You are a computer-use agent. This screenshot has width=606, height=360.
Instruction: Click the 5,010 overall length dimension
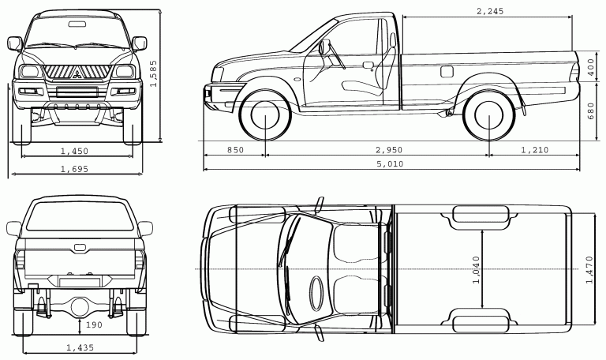(x=390, y=164)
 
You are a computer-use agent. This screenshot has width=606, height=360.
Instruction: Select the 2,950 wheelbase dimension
(x=389, y=150)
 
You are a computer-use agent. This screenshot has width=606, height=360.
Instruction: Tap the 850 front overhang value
(x=235, y=150)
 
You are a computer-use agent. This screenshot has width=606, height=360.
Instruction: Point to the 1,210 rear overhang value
(x=535, y=150)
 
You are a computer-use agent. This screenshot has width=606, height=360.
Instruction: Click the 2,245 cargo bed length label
(x=490, y=11)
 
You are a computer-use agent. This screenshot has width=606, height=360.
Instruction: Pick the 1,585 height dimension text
(x=153, y=73)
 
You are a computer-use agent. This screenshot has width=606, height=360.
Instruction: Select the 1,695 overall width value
(x=75, y=169)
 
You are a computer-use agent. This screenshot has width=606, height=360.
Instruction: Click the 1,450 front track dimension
(x=75, y=152)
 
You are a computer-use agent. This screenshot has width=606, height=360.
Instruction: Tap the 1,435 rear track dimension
(x=80, y=347)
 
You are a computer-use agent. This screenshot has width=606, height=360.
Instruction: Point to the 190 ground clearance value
(x=94, y=324)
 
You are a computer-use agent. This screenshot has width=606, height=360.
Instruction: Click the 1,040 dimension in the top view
(x=476, y=269)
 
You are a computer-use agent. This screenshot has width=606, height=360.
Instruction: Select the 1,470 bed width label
(x=589, y=269)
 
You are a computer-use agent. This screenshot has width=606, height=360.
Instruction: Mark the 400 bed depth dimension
(x=590, y=68)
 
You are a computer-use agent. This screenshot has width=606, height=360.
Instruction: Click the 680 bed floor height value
(x=591, y=111)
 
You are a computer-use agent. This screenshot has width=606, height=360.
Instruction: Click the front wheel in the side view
(x=265, y=115)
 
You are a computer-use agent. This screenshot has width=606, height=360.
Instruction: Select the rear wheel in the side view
(x=489, y=115)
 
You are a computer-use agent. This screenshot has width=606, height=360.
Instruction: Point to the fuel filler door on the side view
(x=447, y=72)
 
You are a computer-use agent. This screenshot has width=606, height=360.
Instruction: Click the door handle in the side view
(x=368, y=65)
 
